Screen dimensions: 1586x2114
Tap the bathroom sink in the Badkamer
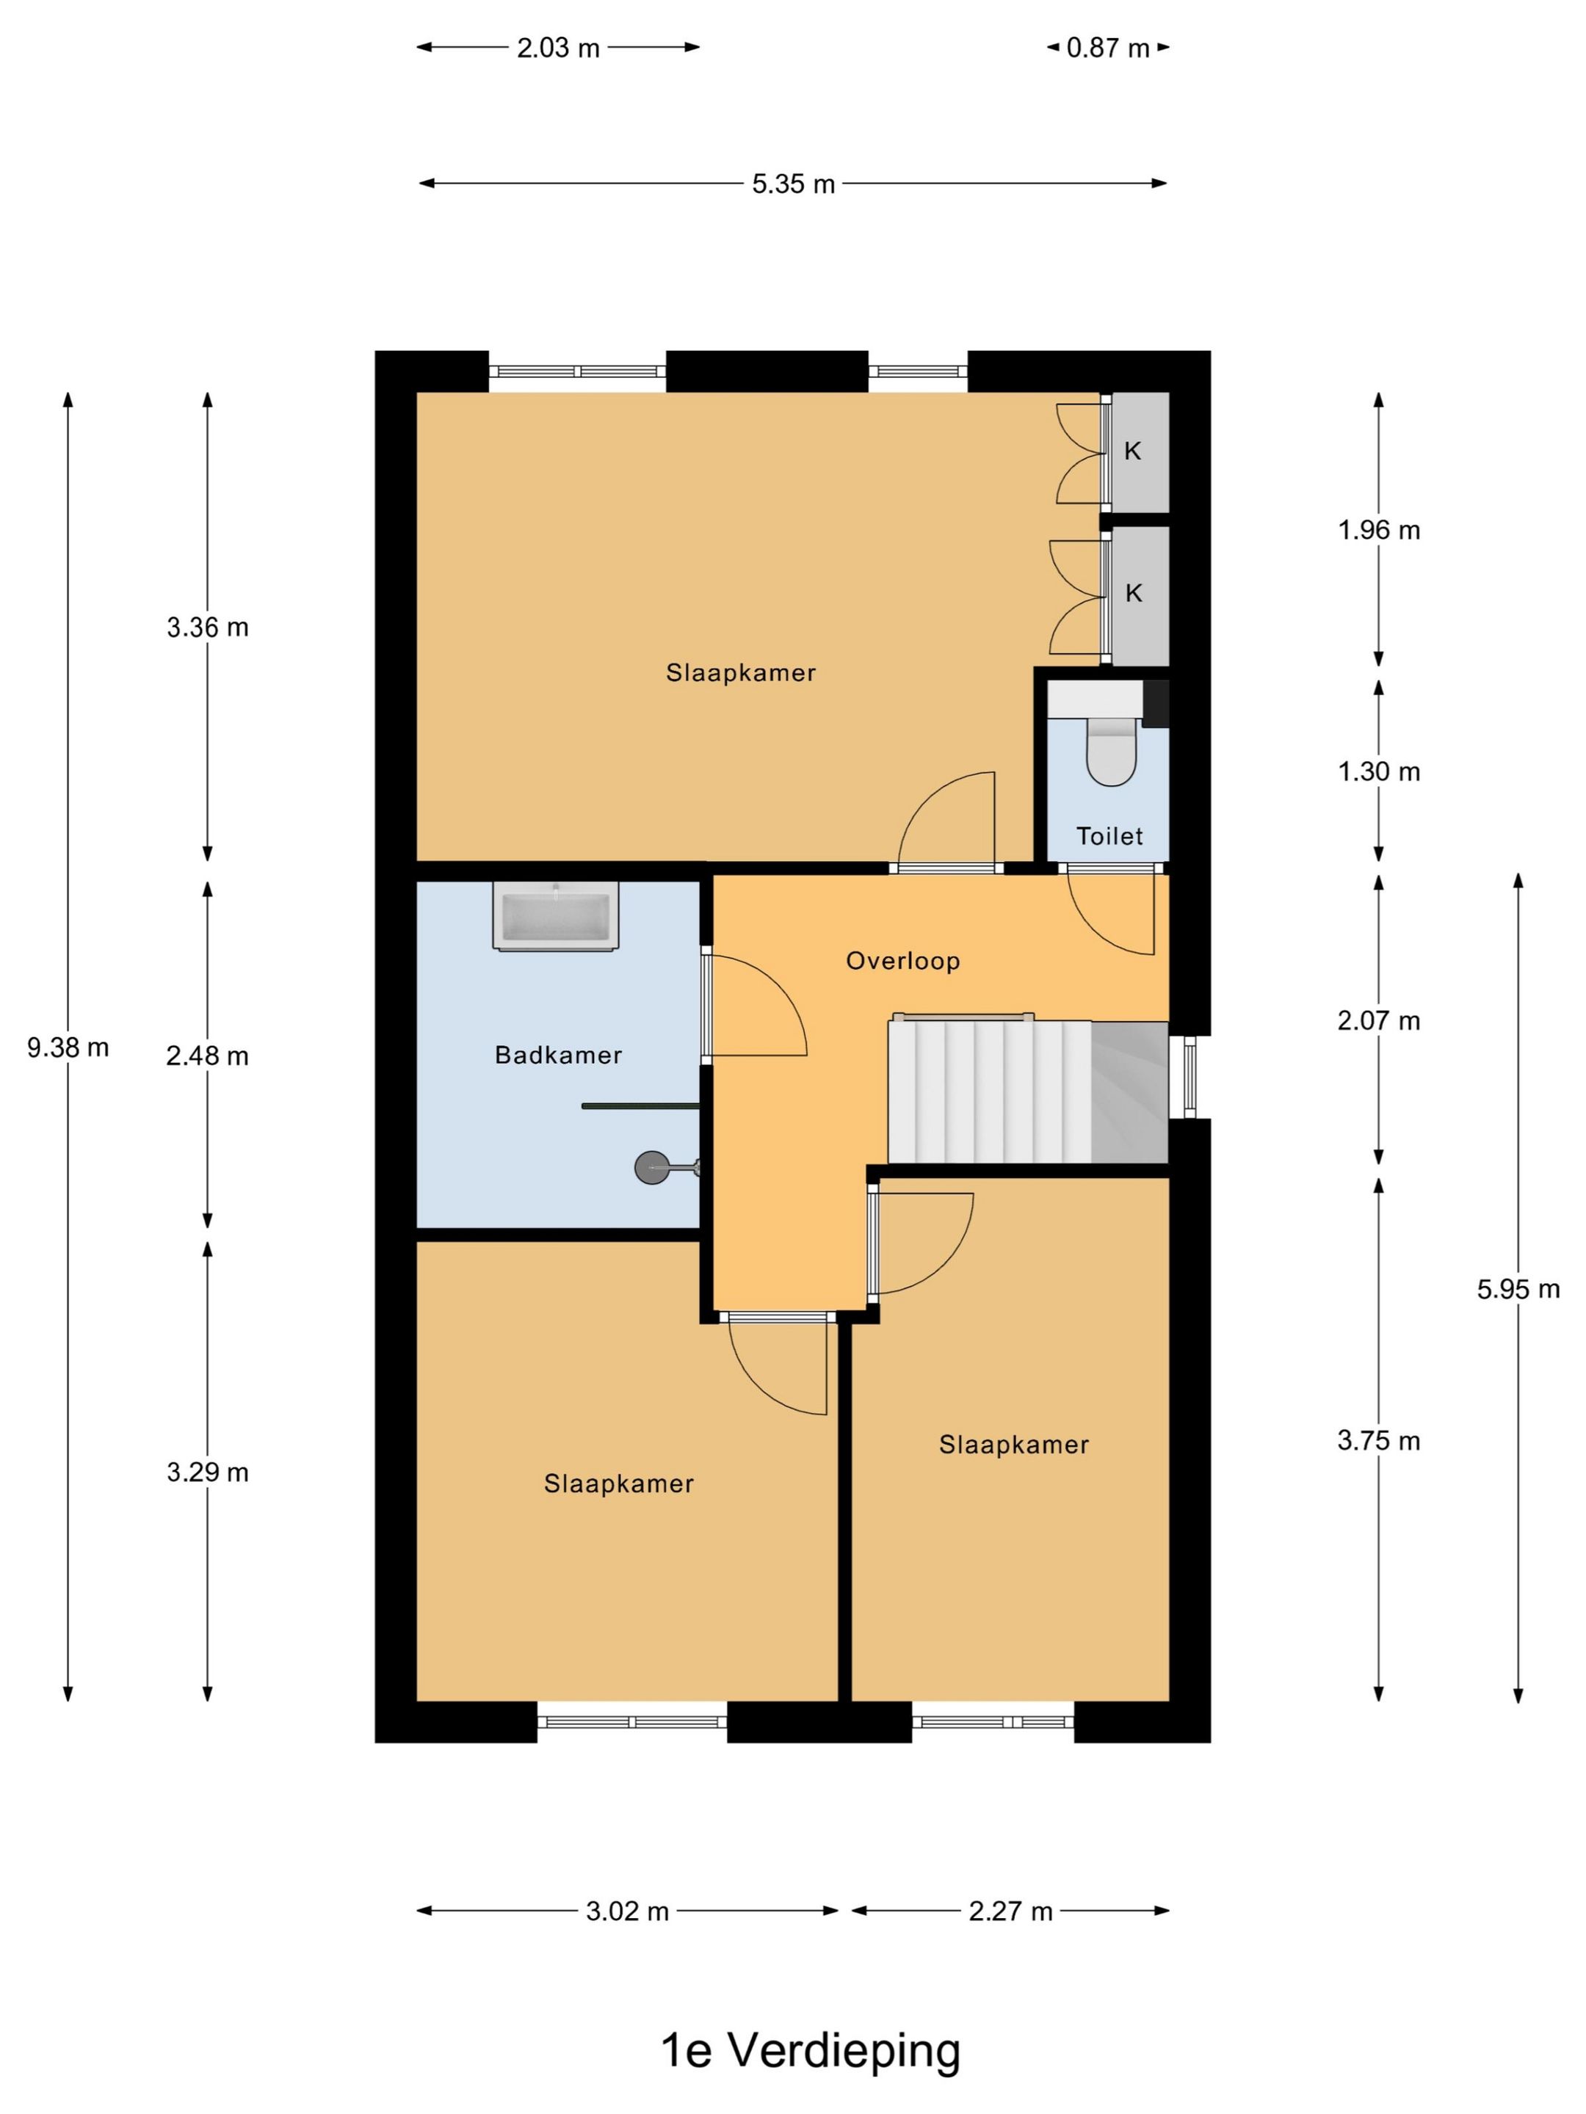[x=555, y=915]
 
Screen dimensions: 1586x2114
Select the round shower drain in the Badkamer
[x=652, y=1167]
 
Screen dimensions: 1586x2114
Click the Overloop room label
[x=902, y=960]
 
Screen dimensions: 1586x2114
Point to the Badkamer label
[x=558, y=1055]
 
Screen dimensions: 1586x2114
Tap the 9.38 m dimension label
[x=68, y=1047]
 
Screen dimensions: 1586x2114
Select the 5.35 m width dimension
[x=794, y=184]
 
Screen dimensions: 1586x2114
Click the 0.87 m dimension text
[x=1108, y=48]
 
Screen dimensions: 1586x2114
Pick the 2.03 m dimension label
[x=558, y=48]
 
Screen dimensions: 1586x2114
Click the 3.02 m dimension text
[x=627, y=1911]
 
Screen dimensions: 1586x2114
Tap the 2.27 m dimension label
[x=1010, y=1911]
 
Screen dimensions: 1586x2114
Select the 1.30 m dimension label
[x=1378, y=771]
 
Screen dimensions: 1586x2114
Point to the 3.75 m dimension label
[x=1378, y=1440]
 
